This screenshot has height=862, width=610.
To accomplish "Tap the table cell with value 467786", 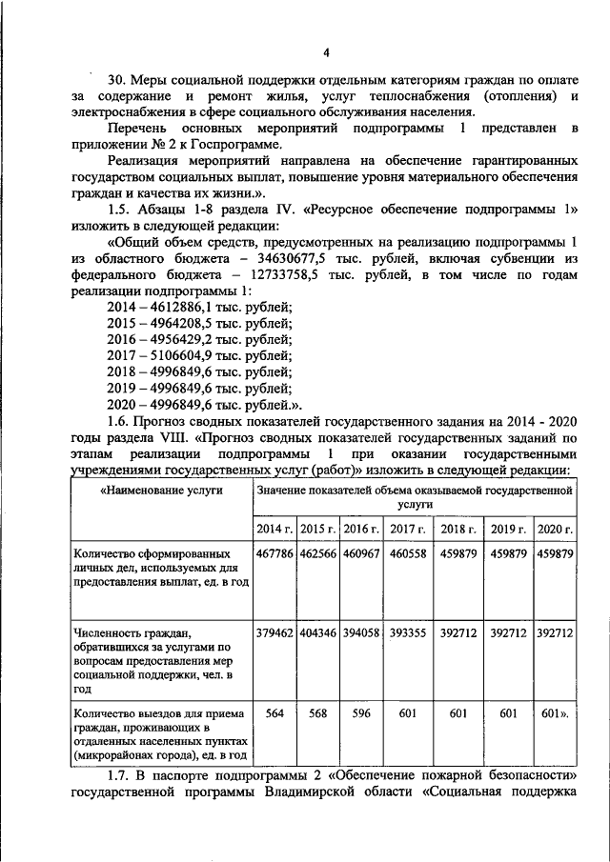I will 274,553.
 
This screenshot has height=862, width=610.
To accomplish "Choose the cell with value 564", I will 274,713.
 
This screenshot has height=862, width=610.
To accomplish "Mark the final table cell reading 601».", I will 555,713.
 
